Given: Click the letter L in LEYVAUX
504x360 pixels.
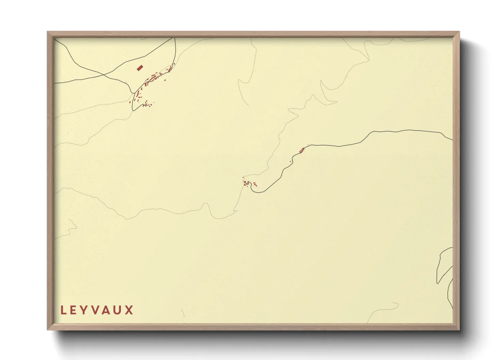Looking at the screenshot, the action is pos(63,310).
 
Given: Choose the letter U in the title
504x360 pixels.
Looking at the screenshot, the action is pos(119,310).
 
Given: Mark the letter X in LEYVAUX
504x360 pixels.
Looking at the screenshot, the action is pos(129,310).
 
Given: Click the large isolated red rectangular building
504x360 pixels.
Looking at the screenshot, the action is pos(139,68).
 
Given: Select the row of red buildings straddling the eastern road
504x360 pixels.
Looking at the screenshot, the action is pos(302,150).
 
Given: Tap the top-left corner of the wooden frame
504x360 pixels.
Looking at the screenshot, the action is pos(48,32).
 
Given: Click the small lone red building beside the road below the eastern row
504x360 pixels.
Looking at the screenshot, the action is pos(290,161).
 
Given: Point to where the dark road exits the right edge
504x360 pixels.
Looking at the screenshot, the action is pos(452,140).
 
